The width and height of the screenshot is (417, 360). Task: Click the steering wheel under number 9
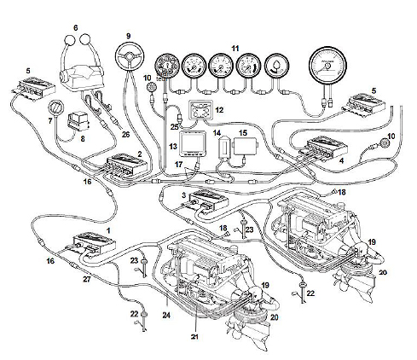(x=130, y=55)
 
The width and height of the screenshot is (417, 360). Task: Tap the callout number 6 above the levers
(x=75, y=28)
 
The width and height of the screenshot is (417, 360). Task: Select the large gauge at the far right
(x=327, y=66)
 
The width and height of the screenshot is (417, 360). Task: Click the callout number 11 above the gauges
(x=235, y=49)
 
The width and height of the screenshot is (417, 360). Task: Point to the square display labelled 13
(x=193, y=143)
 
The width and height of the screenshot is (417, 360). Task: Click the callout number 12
(x=219, y=110)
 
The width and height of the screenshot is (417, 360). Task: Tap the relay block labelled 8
(x=78, y=121)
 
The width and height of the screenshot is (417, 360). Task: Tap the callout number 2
(x=140, y=154)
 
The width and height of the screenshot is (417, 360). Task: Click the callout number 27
(x=87, y=279)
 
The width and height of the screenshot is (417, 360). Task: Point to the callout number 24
(x=166, y=315)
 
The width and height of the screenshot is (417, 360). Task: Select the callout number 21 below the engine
(x=194, y=337)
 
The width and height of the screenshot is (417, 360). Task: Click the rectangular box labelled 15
(x=246, y=147)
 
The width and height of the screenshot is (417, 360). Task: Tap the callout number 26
(x=125, y=134)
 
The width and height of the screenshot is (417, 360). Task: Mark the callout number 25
(x=174, y=127)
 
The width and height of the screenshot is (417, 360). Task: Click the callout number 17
(x=178, y=165)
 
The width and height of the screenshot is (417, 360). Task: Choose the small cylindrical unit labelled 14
(x=224, y=148)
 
